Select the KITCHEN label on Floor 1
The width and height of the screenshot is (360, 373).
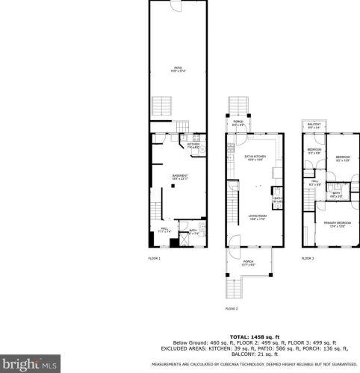pyautogui.click(x=193, y=146)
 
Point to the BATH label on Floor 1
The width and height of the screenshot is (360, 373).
pyautogui.click(x=193, y=232)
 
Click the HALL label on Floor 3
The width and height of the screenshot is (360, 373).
pyautogui.click(x=314, y=182)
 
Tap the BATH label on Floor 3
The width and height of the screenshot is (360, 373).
pyautogui.click(x=336, y=195)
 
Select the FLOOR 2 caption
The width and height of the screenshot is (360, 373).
pyautogui.click(x=232, y=308)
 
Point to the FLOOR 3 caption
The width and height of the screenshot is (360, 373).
pyautogui.click(x=308, y=257)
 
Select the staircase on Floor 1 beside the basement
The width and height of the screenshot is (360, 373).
pyautogui.click(x=157, y=211)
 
